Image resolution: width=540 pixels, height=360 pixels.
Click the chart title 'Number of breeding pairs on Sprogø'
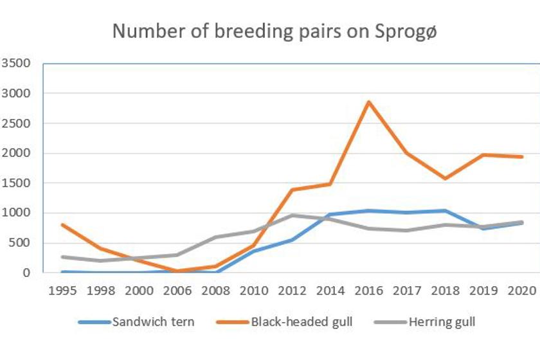pos(274,31)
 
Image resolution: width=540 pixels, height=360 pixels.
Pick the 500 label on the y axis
pos(19,243)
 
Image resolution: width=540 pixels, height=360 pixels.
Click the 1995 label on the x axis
pos(62,291)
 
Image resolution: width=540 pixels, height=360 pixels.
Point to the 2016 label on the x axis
pos(369,291)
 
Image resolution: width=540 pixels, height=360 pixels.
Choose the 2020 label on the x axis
pos(523,291)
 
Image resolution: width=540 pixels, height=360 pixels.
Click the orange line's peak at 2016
pos(369,102)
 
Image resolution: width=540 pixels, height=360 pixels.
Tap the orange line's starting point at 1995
pos(62,224)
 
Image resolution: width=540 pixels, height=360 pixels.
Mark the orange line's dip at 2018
pos(446,179)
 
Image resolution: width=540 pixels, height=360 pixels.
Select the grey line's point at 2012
pos(292,215)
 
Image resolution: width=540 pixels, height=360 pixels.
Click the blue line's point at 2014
pos(330,215)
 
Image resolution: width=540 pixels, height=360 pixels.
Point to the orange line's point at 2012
pos(292,190)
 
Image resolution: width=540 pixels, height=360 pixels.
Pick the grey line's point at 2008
pos(216,237)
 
